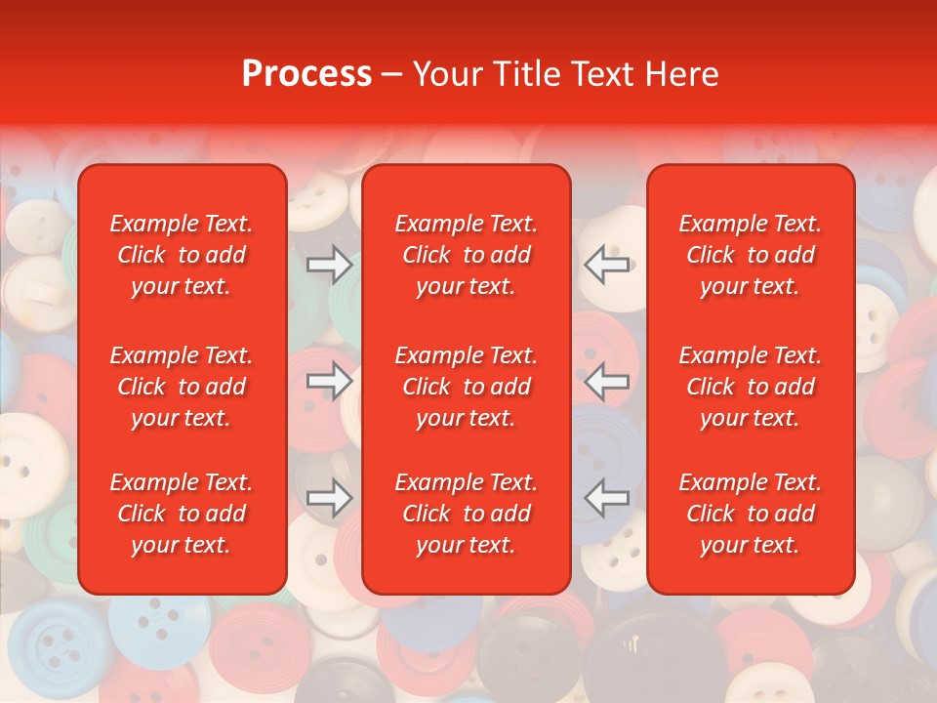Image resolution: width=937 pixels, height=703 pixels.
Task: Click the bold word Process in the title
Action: pyautogui.click(x=306, y=74)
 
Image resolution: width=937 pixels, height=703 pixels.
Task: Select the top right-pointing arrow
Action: pyautogui.click(x=330, y=264)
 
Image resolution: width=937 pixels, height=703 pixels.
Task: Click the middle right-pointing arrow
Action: pyautogui.click(x=330, y=381)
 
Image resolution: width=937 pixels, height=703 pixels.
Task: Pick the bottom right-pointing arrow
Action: pyautogui.click(x=330, y=498)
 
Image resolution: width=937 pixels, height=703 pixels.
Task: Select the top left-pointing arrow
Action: pyautogui.click(x=607, y=264)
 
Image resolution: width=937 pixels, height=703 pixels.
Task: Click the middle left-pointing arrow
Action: pyautogui.click(x=607, y=381)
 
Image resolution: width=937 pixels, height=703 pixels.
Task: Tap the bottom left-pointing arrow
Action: pyautogui.click(x=607, y=498)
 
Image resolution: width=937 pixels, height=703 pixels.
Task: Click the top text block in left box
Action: pyautogui.click(x=182, y=255)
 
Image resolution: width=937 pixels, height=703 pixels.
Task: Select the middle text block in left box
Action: pyautogui.click(x=182, y=387)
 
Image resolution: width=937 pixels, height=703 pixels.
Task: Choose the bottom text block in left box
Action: pyautogui.click(x=182, y=514)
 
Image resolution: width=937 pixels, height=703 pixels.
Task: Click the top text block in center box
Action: pyautogui.click(x=466, y=255)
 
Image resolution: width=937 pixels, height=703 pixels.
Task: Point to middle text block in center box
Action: pyautogui.click(x=466, y=387)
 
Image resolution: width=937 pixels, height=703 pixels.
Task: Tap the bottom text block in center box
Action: pyautogui.click(x=466, y=514)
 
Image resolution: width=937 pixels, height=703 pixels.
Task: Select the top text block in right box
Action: pyautogui.click(x=750, y=255)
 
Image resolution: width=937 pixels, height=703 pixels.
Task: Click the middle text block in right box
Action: pyautogui.click(x=750, y=387)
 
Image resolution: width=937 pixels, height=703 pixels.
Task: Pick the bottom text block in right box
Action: pyautogui.click(x=750, y=514)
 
